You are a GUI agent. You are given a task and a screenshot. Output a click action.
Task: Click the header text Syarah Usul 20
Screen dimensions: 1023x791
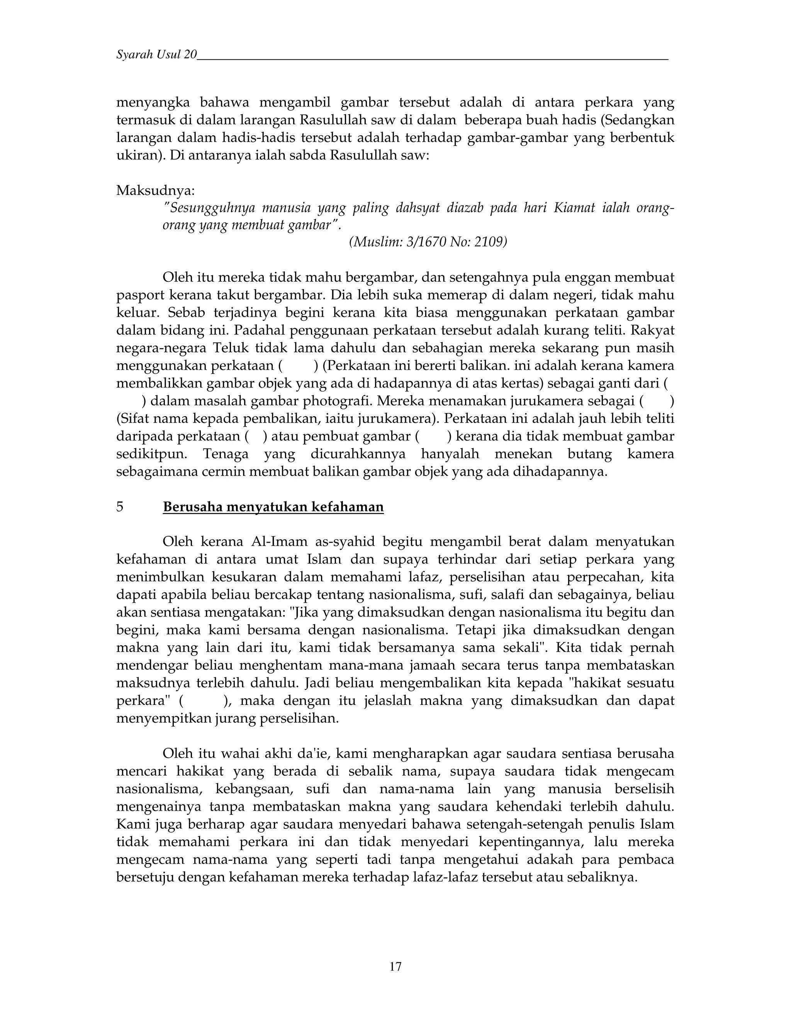pyautogui.click(x=156, y=55)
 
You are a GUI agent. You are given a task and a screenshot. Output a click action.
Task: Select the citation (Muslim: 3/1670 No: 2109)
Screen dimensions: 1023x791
pyautogui.click(x=428, y=242)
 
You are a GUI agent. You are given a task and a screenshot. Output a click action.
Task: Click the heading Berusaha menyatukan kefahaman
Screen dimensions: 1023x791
pyautogui.click(x=273, y=507)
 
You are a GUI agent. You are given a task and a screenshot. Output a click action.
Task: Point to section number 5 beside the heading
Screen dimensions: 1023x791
pyautogui.click(x=120, y=507)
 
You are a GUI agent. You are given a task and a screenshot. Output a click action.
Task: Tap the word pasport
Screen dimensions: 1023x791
pyautogui.click(x=137, y=295)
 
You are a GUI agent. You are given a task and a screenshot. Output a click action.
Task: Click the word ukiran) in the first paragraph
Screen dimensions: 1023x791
pyautogui.click(x=141, y=155)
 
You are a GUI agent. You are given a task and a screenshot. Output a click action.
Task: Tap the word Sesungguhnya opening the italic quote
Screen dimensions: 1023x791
pyautogui.click(x=210, y=208)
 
